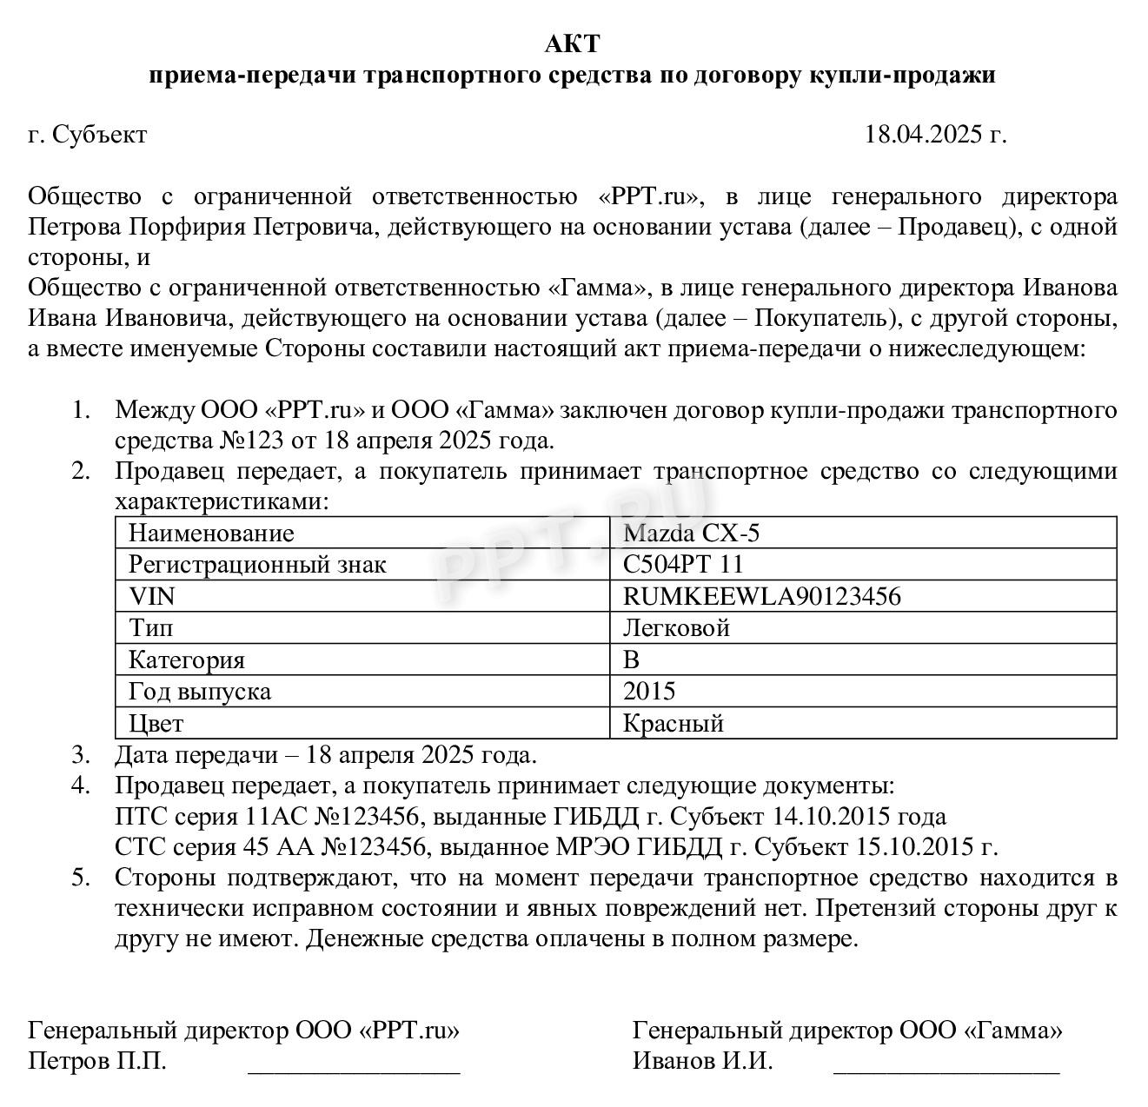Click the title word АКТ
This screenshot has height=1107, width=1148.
(573, 43)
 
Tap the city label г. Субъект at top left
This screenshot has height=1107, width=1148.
(87, 135)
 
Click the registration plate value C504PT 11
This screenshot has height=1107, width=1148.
(683, 565)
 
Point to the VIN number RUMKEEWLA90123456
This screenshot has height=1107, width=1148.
(761, 596)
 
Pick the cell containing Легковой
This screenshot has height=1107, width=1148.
(676, 627)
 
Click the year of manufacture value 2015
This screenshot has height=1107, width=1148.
(649, 692)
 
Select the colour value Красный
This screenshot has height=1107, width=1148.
(674, 723)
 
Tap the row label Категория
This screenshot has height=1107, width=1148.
(187, 660)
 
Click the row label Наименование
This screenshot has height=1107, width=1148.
(211, 533)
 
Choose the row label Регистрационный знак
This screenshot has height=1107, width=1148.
(257, 565)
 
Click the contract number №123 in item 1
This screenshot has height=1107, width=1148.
(250, 440)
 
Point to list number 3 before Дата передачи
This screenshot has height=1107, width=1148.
(81, 754)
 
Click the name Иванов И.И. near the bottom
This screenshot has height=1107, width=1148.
(702, 1061)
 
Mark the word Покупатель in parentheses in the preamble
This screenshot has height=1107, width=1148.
(820, 318)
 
